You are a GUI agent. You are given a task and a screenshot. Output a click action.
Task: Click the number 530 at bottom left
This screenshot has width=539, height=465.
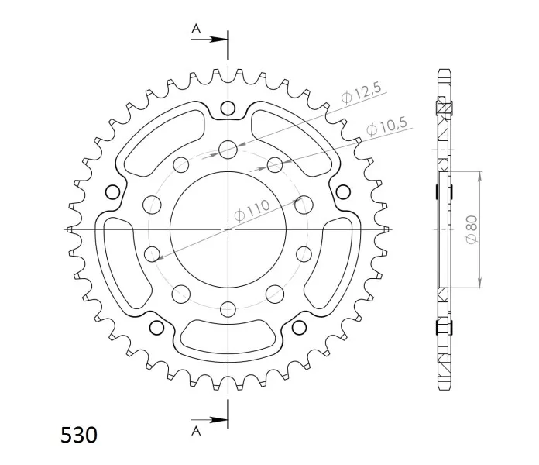79,435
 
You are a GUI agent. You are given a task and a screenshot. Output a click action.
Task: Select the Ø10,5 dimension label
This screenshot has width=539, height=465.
386,126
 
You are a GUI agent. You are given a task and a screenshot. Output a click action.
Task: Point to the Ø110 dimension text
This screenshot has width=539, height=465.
252,211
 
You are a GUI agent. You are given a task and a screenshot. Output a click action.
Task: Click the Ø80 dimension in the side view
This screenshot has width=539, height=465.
472,229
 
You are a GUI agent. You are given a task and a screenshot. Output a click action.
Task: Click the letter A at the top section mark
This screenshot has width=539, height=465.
196,29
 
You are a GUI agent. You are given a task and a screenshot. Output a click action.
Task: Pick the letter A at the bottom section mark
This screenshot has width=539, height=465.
196,430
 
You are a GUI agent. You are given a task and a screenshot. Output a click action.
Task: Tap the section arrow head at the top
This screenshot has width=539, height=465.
218,40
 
